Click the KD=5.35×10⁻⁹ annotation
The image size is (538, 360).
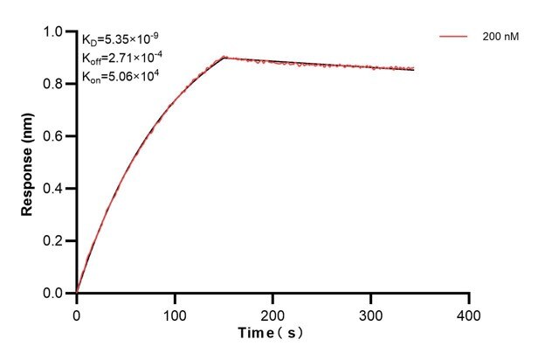121,39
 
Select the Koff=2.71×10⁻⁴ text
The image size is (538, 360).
122,58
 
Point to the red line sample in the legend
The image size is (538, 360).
452,38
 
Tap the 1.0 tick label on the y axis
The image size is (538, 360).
53,32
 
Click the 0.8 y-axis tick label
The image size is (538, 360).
53,85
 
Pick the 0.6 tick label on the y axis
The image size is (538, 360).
53,137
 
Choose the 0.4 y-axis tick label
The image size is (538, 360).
53,189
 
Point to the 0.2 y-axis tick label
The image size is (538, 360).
53,241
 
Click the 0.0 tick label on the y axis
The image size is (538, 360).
53,294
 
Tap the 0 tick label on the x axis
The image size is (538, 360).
77,312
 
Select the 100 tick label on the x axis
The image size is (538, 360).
175,312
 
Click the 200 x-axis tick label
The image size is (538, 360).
273,312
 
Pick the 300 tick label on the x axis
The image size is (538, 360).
371,312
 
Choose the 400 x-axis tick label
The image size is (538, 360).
470,312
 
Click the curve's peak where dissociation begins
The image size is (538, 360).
224,58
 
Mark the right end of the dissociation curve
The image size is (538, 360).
414,69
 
